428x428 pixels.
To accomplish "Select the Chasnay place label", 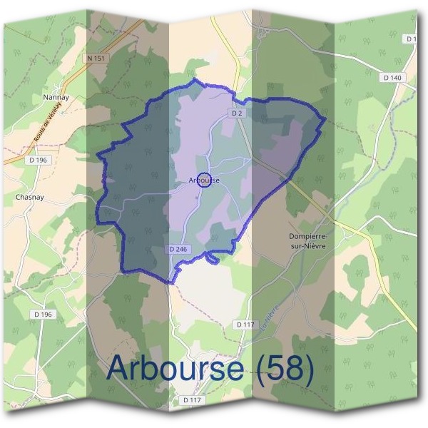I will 29,198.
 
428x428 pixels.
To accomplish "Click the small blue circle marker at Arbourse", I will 204,180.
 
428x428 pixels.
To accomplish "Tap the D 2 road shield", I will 238,113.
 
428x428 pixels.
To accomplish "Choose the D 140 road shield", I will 392,77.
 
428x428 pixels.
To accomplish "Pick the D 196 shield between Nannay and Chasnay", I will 38,160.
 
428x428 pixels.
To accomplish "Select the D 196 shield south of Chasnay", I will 43,314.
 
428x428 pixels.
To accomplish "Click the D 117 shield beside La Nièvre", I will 245,324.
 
